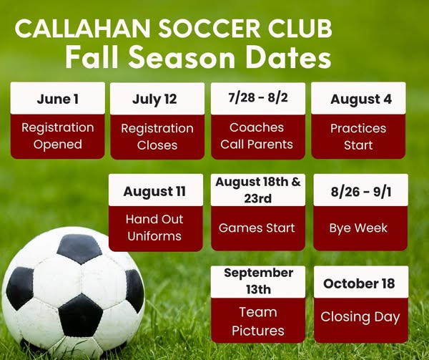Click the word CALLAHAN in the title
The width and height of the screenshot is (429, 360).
[83, 29]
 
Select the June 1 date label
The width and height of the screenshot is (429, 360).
[58, 99]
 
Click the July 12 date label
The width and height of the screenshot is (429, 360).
[154, 99]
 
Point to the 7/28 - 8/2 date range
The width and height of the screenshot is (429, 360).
[258, 97]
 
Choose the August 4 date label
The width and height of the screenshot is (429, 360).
[361, 99]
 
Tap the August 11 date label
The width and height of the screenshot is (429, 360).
[154, 191]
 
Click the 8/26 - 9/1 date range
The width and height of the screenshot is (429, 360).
[361, 191]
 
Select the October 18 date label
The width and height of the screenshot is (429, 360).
[359, 283]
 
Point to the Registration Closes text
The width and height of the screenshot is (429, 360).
[157, 137]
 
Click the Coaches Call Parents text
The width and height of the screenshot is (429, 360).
[257, 136]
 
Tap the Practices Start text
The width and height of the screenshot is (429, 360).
[358, 137]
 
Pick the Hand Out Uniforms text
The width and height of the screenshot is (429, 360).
[154, 228]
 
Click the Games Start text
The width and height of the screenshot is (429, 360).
[257, 228]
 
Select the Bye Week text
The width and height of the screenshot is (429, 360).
[358, 228]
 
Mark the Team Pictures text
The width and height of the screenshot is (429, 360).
[258, 321]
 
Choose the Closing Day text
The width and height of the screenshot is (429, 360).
[360, 317]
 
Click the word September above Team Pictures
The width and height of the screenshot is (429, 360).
[259, 273]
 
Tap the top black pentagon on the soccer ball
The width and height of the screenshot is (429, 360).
[79, 248]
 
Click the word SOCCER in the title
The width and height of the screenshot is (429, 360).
[209, 29]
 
